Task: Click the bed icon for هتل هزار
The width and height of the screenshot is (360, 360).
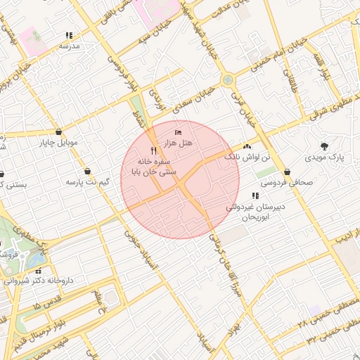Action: click(x=178, y=132)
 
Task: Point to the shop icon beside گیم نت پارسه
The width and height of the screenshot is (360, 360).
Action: click(x=86, y=171)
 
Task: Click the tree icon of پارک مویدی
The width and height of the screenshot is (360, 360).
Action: click(x=323, y=146)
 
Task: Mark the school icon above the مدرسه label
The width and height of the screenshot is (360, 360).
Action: click(x=69, y=35)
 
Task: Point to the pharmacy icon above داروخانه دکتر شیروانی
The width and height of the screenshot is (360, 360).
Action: click(x=39, y=271)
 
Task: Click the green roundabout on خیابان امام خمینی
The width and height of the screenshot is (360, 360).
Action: click(x=227, y=80)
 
